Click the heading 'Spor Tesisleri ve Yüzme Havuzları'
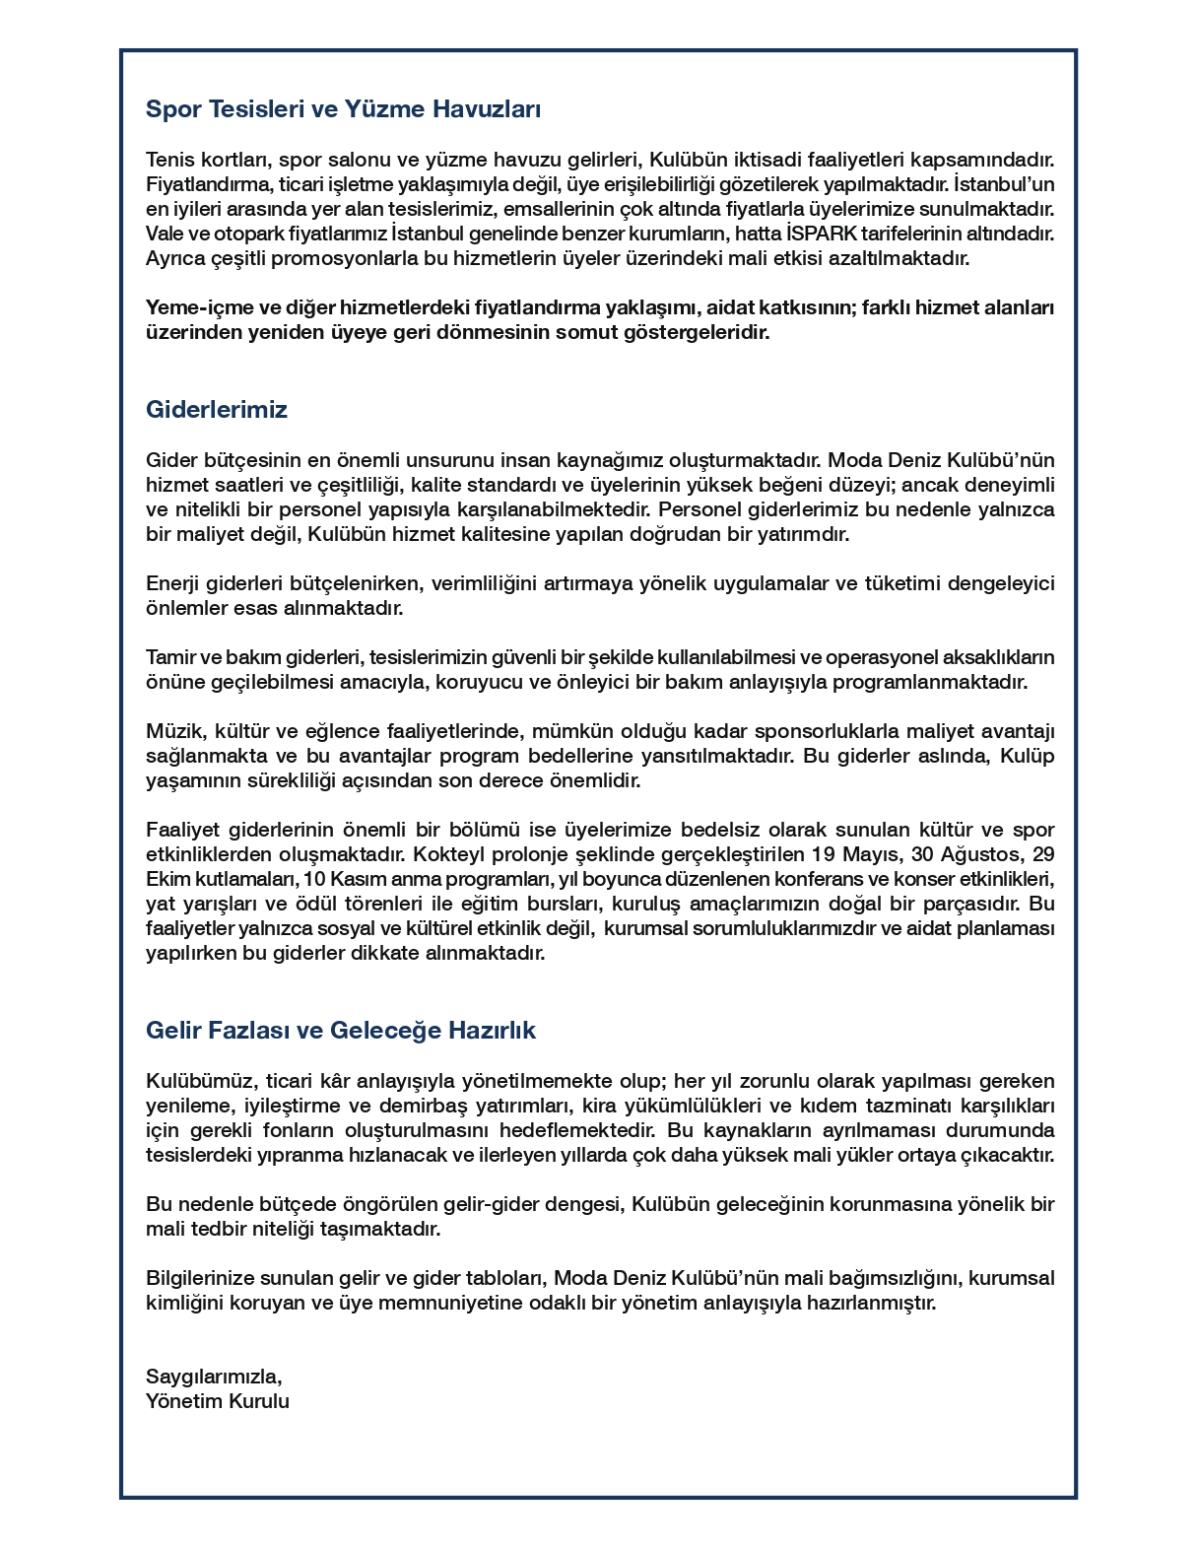(343, 109)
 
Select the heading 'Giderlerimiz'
(216, 410)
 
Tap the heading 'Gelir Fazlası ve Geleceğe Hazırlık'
(340, 1031)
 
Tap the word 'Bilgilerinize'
(200, 1278)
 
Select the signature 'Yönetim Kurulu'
(218, 1401)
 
